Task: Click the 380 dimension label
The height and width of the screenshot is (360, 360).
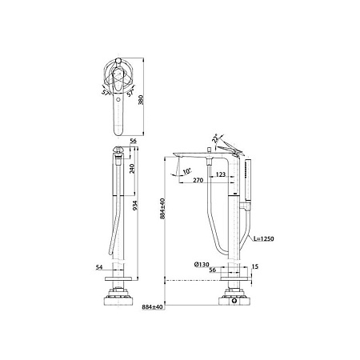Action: [x=141, y=100]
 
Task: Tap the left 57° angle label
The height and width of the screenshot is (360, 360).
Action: [x=106, y=92]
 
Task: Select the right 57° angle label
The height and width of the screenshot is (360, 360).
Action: [x=130, y=94]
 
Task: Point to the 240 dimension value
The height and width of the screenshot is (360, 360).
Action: [x=132, y=169]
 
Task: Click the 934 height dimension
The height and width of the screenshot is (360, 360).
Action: [x=135, y=206]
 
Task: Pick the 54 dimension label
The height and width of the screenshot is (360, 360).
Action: [x=99, y=267]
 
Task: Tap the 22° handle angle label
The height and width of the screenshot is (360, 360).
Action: [x=215, y=138]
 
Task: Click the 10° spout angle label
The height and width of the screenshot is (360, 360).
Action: [x=187, y=171]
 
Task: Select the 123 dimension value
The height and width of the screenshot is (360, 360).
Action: [x=221, y=174]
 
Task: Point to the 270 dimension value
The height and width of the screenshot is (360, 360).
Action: [x=198, y=181]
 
